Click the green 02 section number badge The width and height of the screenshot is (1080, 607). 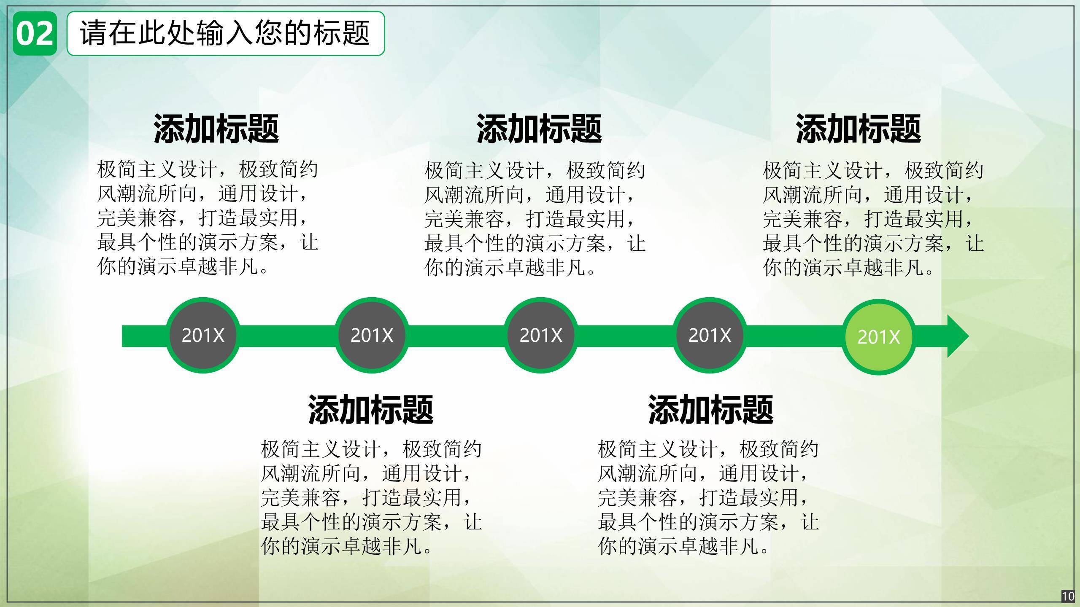click(x=35, y=34)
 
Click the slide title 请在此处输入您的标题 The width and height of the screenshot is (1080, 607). click(x=225, y=33)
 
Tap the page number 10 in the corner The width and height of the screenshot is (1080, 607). click(x=1068, y=596)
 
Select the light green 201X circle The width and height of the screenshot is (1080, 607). click(x=879, y=337)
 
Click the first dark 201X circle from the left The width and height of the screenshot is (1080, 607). click(x=203, y=335)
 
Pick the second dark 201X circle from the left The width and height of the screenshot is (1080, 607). click(x=372, y=335)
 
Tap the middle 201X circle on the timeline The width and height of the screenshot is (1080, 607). click(x=541, y=335)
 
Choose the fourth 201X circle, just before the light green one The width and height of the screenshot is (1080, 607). click(x=710, y=335)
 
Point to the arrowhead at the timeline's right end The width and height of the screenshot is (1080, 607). click(x=969, y=336)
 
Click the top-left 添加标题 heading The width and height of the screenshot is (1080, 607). click(x=216, y=129)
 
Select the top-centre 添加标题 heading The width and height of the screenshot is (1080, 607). click(x=539, y=129)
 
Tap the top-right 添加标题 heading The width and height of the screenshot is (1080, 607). click(x=858, y=129)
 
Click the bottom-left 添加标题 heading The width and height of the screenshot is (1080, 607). click(x=371, y=409)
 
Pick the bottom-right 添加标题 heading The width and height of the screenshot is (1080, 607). click(x=711, y=409)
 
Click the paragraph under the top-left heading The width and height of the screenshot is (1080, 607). click(x=208, y=218)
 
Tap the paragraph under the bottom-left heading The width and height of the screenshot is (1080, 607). click(x=371, y=497)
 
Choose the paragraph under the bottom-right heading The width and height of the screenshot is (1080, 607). click(x=708, y=497)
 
